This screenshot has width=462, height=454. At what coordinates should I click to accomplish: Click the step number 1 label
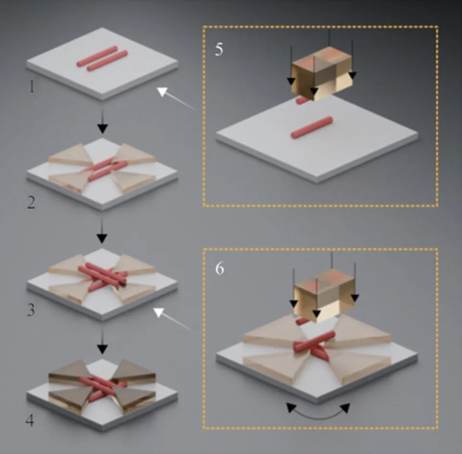32,86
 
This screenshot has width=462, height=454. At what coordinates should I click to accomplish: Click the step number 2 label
31,203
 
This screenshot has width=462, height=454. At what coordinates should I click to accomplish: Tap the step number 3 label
31,310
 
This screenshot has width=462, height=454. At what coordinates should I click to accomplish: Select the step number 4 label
30,421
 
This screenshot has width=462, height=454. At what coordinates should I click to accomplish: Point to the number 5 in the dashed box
219,49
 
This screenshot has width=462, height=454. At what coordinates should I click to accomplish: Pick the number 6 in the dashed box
220,268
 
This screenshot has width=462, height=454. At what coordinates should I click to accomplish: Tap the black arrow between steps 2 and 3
102,231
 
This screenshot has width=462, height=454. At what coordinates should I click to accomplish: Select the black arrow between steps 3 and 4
102,341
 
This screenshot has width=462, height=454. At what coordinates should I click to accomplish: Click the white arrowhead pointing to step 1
162,92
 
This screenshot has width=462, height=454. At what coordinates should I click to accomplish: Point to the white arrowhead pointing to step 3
159,312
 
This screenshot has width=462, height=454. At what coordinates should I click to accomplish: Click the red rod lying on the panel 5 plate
312,127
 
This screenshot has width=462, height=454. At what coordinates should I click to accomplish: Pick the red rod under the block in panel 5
302,101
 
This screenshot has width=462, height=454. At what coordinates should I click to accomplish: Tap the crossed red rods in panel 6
315,346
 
